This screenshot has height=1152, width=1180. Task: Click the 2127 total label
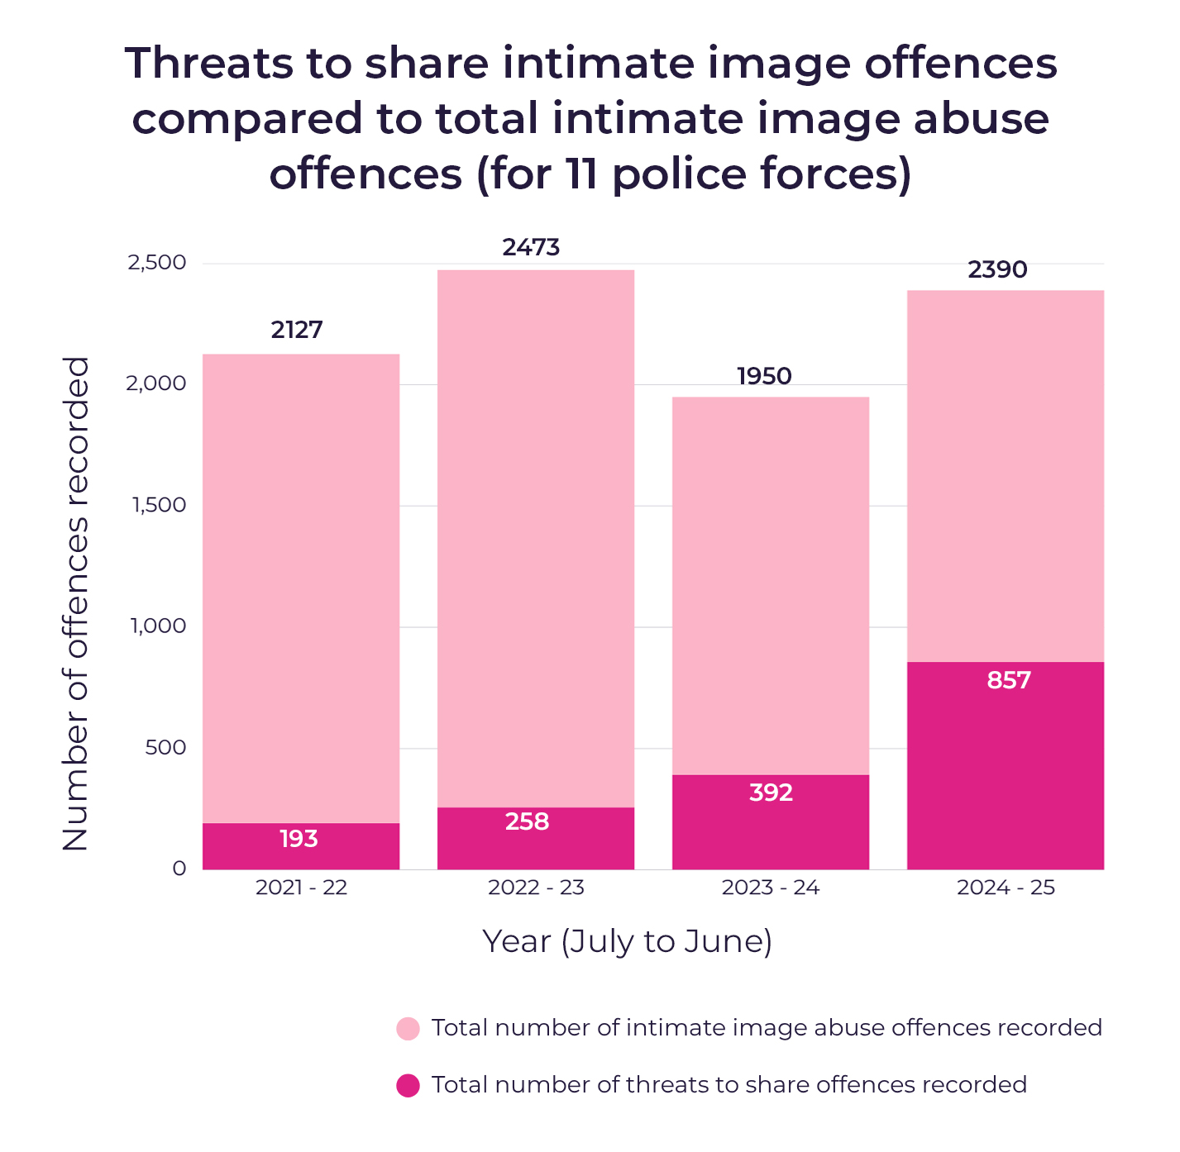point(297,330)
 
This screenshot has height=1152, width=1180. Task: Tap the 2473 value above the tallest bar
point(531,247)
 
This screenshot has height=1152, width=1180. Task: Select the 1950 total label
point(764,376)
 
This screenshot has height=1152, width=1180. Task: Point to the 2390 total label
point(997,269)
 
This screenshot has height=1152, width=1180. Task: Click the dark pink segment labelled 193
point(301,846)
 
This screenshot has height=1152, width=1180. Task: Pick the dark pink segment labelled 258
point(536,839)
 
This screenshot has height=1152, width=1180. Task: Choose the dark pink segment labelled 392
point(771,822)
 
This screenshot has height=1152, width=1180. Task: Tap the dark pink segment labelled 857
point(1006,765)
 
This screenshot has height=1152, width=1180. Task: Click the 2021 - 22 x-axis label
point(301,888)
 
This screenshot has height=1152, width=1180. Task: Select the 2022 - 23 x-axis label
point(536,888)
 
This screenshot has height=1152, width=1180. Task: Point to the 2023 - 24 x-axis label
point(771,888)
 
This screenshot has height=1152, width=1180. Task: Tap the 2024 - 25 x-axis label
point(1006,888)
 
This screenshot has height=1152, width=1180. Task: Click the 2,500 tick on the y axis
point(157,263)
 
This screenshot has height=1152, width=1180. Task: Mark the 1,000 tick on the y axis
point(159,626)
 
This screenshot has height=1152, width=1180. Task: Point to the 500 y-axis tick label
point(165,747)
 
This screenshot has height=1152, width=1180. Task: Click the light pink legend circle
point(408,1029)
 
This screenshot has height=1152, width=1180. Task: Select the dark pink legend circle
point(408,1086)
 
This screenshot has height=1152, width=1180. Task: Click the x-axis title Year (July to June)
point(628,941)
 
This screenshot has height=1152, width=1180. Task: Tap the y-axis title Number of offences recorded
point(76,603)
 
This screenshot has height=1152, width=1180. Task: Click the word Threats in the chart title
point(209,63)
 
